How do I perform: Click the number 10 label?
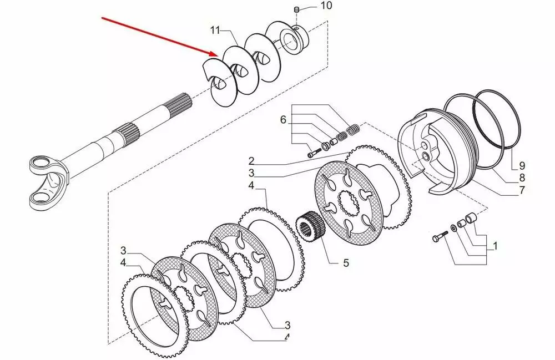tap(326, 6)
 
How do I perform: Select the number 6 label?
tap(282, 119)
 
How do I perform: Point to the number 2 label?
tap(251, 160)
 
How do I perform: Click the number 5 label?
tap(346, 263)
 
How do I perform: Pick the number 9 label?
tap(522, 165)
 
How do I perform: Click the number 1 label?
tap(494, 244)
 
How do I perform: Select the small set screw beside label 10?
tap(297, 10)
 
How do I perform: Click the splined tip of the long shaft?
tap(184, 103)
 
